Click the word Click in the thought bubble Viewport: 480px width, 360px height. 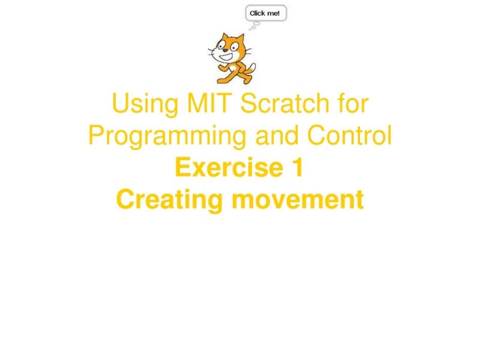coord(258,13)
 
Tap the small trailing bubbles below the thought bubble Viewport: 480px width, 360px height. coord(253,25)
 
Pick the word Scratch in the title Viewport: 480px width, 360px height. coord(280,105)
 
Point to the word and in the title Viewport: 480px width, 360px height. coord(278,136)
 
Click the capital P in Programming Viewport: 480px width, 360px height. coord(96,136)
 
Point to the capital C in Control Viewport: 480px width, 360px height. coord(317,136)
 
